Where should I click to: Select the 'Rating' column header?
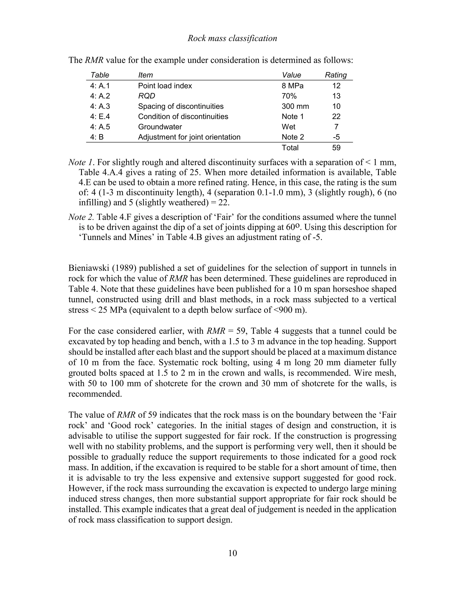336,75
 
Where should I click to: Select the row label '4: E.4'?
100,117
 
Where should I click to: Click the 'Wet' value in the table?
288,127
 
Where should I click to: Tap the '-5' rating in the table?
336,137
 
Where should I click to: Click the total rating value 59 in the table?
336,148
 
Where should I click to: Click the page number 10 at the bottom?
232,553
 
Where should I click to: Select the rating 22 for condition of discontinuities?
336,117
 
